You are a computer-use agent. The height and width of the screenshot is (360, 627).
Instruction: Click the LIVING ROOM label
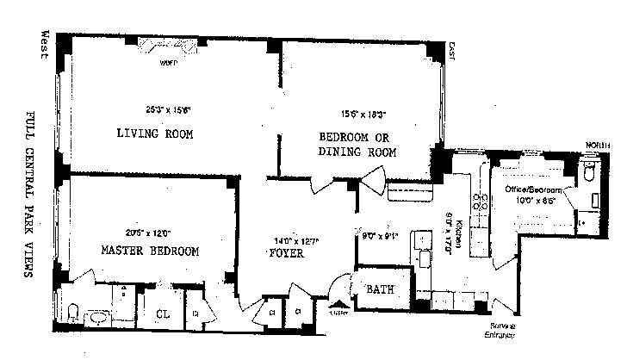coord(154,133)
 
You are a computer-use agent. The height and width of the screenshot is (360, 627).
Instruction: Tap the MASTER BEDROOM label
coord(150,251)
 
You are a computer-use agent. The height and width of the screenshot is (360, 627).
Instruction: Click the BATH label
coord(380,290)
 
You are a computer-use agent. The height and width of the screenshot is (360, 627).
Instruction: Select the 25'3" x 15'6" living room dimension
coord(168,109)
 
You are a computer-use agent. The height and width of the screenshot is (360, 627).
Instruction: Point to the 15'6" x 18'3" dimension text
coord(363,112)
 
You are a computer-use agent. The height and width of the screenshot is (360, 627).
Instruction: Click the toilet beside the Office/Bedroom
coord(589,172)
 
